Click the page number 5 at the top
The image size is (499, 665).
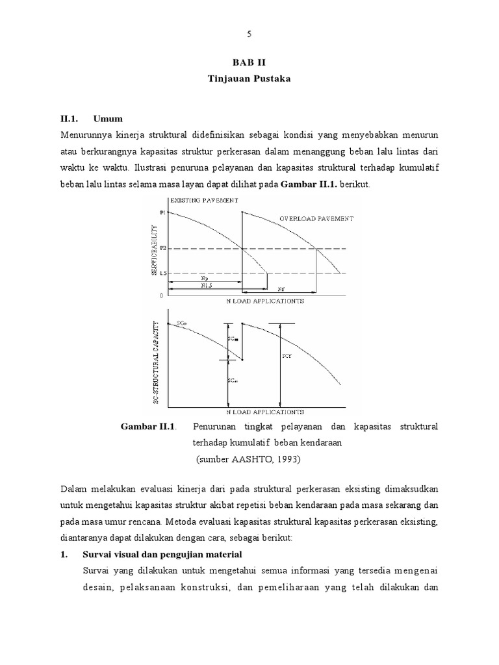[x=249, y=35]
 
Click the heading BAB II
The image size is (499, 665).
[x=249, y=63]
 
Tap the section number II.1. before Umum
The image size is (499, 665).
[x=69, y=119]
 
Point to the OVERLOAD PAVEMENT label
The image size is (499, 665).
[x=316, y=219]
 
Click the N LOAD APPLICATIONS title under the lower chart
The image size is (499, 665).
[x=264, y=412]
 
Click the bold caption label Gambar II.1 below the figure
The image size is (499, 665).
[x=149, y=427]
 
